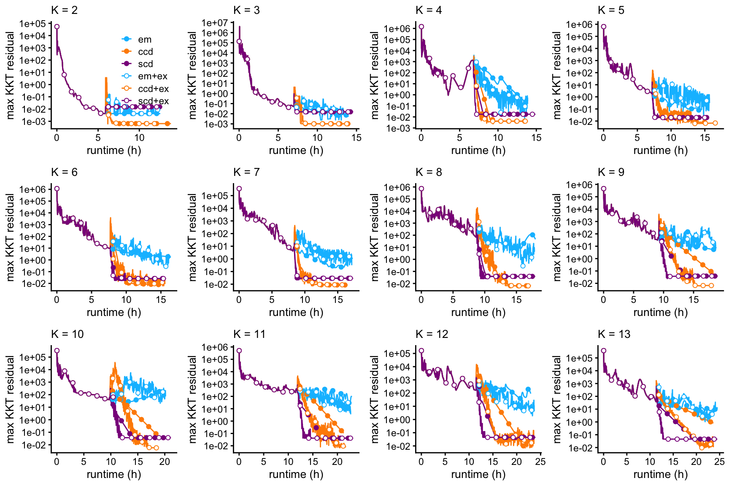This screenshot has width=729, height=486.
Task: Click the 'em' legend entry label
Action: (x=145, y=40)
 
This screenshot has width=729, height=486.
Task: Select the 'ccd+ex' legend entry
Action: (x=153, y=89)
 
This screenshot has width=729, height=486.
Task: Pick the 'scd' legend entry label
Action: (x=146, y=64)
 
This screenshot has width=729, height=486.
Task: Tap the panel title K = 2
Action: (x=64, y=10)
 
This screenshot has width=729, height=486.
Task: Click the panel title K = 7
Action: (x=246, y=172)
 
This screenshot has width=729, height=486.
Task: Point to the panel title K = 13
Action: (x=614, y=334)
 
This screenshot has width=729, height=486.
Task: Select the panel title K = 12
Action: (x=432, y=334)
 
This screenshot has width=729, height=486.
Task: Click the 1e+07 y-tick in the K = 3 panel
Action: (x=215, y=23)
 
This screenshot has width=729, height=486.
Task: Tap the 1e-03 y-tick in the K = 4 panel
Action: (x=397, y=128)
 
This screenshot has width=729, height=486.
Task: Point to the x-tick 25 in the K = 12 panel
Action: (x=540, y=462)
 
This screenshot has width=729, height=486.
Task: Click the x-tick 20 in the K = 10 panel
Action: (x=165, y=462)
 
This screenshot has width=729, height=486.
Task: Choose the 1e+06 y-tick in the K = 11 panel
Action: (x=215, y=347)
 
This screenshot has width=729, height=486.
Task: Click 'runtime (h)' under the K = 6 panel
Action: (x=114, y=312)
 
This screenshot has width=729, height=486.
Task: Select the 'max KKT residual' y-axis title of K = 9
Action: (x=557, y=237)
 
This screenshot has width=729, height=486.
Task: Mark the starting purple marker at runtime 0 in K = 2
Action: (x=57, y=27)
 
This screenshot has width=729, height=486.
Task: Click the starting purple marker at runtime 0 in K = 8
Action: (x=421, y=189)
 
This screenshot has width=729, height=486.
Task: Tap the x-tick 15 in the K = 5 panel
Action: (x=705, y=138)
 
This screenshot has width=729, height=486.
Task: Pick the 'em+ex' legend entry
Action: (x=153, y=76)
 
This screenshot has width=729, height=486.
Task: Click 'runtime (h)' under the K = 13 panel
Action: (x=661, y=474)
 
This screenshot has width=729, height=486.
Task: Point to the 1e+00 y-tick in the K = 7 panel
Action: (x=215, y=259)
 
